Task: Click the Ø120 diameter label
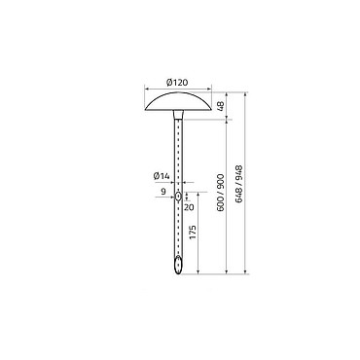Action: coord(177,83)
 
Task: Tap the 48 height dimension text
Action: coord(221,106)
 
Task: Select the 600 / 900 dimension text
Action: coord(221,193)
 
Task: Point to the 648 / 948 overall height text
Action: coord(239,185)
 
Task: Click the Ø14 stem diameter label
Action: coord(162,176)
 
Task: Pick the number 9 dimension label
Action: coord(163,192)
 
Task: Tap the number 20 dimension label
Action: coord(189,206)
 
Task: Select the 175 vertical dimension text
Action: coord(193,233)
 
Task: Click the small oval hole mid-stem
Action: coord(178,197)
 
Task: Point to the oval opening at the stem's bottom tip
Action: coord(178,265)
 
